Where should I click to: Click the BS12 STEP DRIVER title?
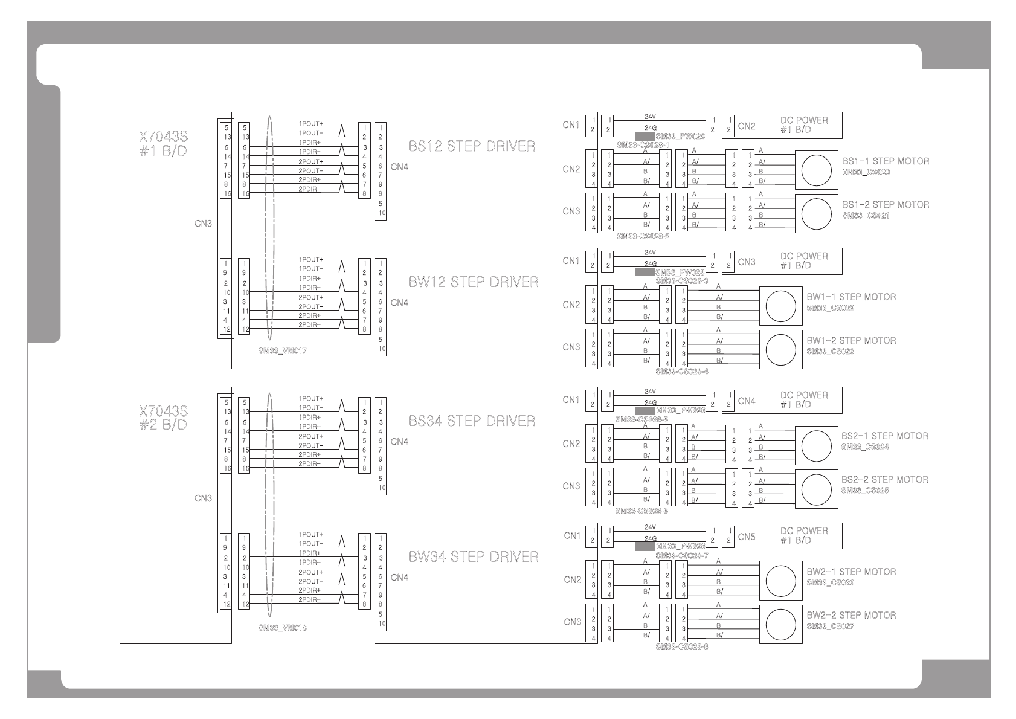[471, 146]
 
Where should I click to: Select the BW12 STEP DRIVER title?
[473, 282]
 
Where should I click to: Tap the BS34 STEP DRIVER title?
[471, 421]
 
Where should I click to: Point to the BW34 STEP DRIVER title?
[473, 557]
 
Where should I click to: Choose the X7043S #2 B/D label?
[163, 418]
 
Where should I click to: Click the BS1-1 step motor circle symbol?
[816, 170]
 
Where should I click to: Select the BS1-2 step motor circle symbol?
[816, 214]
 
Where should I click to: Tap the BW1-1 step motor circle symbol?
[780, 306]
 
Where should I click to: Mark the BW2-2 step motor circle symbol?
[780, 624]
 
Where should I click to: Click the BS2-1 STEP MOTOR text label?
[884, 436]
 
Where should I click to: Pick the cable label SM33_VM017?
[282, 351]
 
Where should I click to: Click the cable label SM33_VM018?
[282, 628]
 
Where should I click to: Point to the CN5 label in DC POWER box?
[747, 537]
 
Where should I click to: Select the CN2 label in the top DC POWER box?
[747, 126]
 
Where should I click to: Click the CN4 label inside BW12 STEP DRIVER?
[399, 303]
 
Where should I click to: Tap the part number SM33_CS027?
[830, 627]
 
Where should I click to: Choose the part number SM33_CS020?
[866, 172]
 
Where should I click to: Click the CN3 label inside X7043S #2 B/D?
[203, 498]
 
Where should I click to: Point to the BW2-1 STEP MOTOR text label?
[851, 572]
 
